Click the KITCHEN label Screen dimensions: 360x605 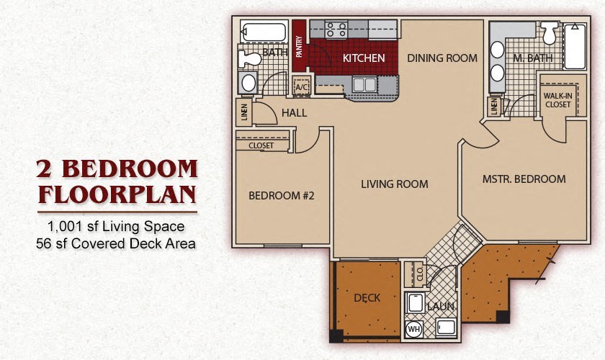click(x=363, y=58)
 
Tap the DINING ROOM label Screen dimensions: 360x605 click(x=442, y=58)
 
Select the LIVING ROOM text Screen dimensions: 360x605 click(x=394, y=184)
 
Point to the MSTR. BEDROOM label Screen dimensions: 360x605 click(x=524, y=179)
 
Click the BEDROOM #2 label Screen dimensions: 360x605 click(x=282, y=195)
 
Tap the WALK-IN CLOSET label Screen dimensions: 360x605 click(x=557, y=100)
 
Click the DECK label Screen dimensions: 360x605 click(x=367, y=297)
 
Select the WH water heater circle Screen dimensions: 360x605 click(x=414, y=330)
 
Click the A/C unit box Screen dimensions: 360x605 click(x=302, y=85)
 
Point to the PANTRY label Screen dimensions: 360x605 click(x=299, y=47)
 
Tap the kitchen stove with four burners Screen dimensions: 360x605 click(x=336, y=30)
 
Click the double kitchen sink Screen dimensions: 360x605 click(x=364, y=84)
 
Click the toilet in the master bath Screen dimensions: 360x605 click(x=551, y=31)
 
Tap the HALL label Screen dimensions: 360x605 click(x=294, y=113)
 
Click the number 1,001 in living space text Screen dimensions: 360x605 click(x=63, y=227)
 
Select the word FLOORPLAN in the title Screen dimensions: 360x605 click(x=117, y=194)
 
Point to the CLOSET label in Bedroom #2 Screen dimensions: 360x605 click(x=261, y=145)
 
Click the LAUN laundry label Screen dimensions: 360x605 click(x=440, y=307)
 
